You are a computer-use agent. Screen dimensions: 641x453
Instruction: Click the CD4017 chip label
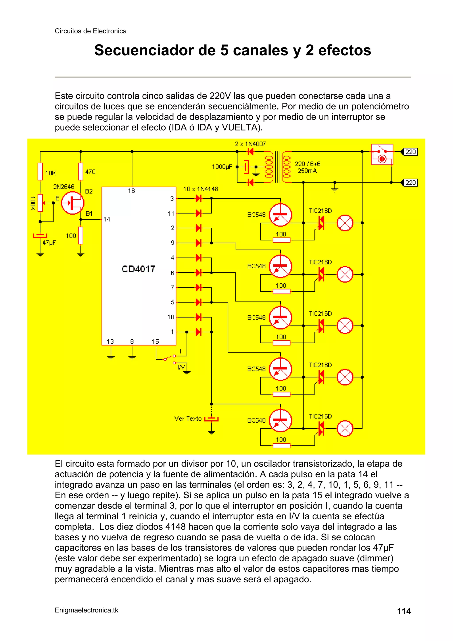click(x=138, y=269)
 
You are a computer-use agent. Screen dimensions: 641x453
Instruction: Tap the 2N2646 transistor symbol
click(x=72, y=203)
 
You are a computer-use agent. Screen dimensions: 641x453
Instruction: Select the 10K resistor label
click(x=50, y=173)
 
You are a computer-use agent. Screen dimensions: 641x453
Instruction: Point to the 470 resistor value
click(x=90, y=172)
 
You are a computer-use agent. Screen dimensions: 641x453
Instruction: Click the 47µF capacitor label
click(x=49, y=243)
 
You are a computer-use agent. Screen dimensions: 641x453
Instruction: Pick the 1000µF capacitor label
click(x=222, y=167)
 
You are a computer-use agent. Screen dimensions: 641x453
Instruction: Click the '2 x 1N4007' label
click(x=250, y=144)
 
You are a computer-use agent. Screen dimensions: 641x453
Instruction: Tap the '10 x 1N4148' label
click(x=200, y=189)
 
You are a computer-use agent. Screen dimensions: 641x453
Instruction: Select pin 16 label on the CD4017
click(x=131, y=191)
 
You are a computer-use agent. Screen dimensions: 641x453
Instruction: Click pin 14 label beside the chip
click(x=107, y=219)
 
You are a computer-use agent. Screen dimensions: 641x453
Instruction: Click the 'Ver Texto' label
click(x=188, y=419)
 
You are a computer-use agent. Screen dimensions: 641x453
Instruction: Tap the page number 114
click(x=404, y=611)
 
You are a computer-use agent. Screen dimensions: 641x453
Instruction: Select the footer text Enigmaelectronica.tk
click(x=86, y=610)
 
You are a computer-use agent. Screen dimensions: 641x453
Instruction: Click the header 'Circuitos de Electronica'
click(x=90, y=31)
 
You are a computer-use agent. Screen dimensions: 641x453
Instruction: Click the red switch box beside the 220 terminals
click(x=382, y=154)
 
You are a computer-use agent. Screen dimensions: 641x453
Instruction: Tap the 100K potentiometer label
click(x=33, y=203)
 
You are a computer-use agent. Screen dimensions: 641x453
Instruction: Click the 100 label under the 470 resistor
click(x=71, y=236)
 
